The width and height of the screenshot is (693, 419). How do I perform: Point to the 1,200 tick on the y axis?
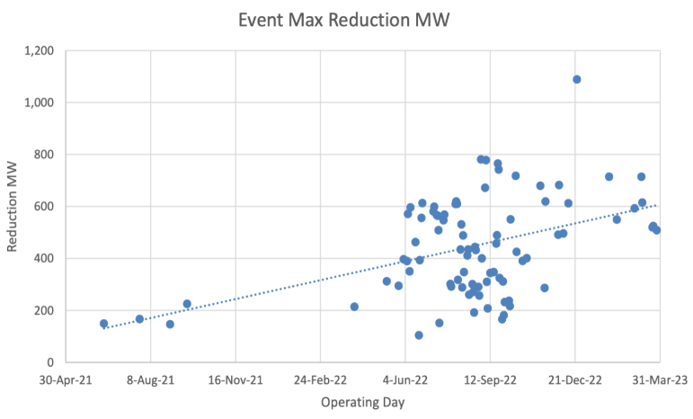tap(38, 50)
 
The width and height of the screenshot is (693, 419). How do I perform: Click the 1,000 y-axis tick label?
tap(38, 103)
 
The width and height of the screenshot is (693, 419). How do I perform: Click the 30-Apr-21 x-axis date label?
tap(66, 380)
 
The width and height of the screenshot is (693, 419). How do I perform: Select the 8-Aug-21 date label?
tap(150, 380)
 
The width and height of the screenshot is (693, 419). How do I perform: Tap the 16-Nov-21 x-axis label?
tap(235, 380)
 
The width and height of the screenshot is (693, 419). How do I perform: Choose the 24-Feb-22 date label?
tap(320, 380)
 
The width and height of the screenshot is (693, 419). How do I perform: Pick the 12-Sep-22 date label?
tap(490, 380)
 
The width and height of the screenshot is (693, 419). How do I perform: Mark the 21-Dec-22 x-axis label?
tap(574, 380)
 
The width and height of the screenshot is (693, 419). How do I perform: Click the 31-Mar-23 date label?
tap(659, 380)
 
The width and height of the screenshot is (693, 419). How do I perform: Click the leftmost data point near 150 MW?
tap(103, 324)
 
